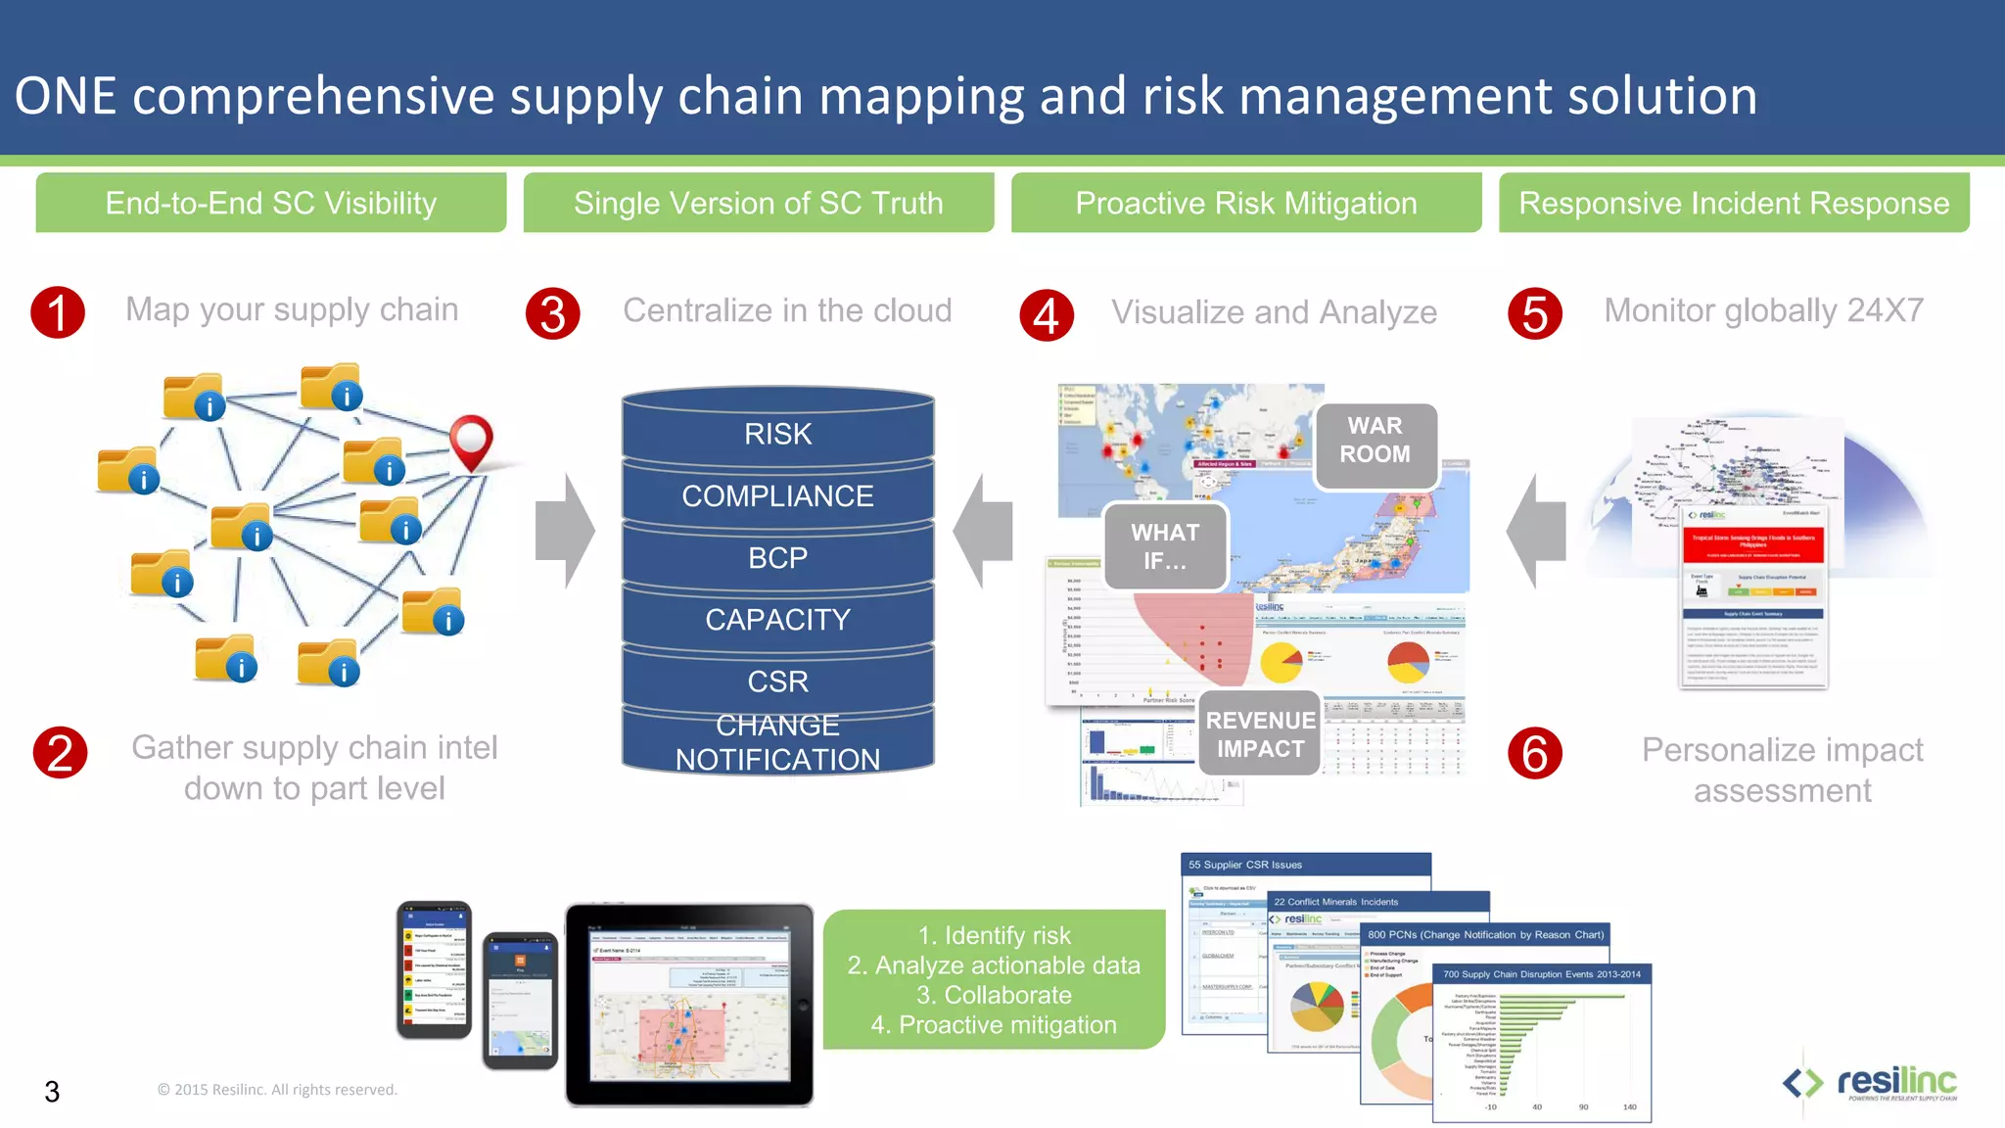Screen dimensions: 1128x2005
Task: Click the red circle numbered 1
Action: [58, 312]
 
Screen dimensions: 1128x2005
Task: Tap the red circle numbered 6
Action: [1534, 753]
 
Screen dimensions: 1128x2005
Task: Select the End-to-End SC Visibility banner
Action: [271, 204]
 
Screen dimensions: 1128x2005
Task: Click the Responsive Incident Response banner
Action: [1734, 204]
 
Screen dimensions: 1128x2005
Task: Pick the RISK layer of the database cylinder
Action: [777, 434]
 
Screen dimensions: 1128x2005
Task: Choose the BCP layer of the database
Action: [777, 558]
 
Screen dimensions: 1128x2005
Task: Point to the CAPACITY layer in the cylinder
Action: [777, 620]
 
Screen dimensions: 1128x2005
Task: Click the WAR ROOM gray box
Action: [1376, 441]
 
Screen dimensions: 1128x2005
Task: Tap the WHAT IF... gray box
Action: [1165, 546]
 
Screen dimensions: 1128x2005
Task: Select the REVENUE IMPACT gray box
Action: [1260, 734]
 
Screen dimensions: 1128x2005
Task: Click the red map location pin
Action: [471, 440]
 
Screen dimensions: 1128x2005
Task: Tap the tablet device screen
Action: [689, 1004]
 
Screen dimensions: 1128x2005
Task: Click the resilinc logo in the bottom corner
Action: [1870, 1083]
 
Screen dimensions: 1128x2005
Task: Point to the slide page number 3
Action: [52, 1092]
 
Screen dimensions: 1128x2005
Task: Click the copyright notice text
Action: [277, 1090]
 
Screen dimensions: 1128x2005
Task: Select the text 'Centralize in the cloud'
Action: [787, 310]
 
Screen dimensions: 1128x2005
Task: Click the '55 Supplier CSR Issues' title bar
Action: [1305, 865]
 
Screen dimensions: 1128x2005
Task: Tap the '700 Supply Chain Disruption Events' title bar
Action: [1542, 974]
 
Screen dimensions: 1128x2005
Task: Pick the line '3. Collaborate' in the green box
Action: [994, 995]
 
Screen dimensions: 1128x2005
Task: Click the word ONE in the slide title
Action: [66, 96]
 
